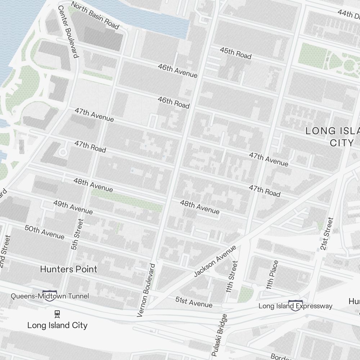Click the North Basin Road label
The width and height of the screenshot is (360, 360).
tap(95, 15)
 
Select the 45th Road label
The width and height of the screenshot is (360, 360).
tap(235, 53)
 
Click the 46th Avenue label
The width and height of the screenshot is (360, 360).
tap(177, 71)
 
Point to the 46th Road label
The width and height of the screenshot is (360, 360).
tap(174, 102)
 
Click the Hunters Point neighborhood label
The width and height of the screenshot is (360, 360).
tap(69, 269)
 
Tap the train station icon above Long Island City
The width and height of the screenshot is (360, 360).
tap(57, 314)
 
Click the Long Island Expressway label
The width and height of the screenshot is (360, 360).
tap(296, 306)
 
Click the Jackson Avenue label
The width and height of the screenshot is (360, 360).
tap(215, 261)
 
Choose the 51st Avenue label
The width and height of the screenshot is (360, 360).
tap(194, 302)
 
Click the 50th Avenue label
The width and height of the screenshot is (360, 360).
tap(44, 232)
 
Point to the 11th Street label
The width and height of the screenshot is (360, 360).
tap(233, 276)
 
